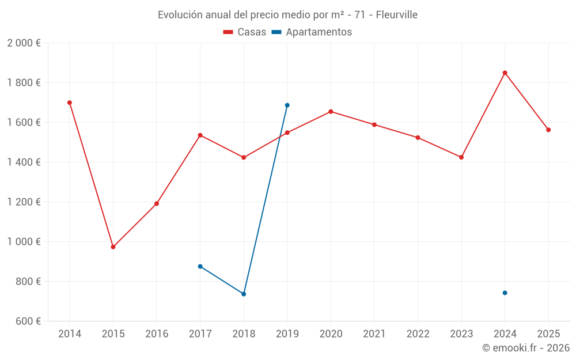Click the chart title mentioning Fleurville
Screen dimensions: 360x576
click(x=287, y=15)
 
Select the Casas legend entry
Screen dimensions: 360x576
click(x=245, y=32)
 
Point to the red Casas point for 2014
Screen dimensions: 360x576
click(x=70, y=103)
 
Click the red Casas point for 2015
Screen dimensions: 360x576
click(x=113, y=247)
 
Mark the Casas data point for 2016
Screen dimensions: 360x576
click(x=157, y=203)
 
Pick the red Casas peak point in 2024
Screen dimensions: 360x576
click(x=505, y=73)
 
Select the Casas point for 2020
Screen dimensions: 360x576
click(x=331, y=112)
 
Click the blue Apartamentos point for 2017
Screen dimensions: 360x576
click(x=200, y=266)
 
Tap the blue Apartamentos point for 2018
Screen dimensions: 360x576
click(x=244, y=294)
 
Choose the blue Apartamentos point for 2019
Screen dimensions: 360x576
click(x=287, y=105)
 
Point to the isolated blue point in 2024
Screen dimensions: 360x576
click(x=505, y=293)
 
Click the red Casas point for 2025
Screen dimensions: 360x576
click(x=548, y=130)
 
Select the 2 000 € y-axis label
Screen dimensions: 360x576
click(x=24, y=43)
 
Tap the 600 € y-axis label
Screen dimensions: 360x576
click(x=28, y=321)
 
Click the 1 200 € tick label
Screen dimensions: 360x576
click(x=24, y=202)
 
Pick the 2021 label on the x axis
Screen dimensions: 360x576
click(x=374, y=334)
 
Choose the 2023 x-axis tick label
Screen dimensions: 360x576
click(x=461, y=334)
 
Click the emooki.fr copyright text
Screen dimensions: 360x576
click(x=525, y=348)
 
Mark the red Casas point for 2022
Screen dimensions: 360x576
click(x=418, y=138)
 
